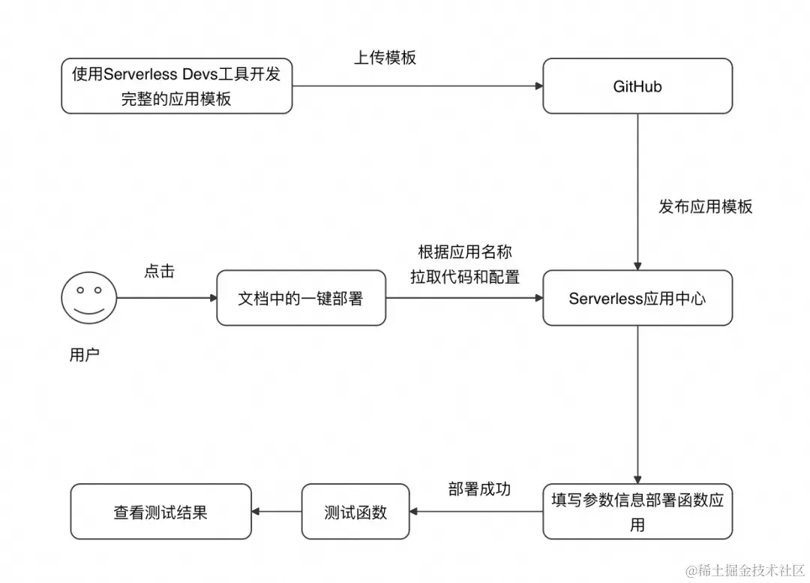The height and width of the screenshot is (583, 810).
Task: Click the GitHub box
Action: [637, 86]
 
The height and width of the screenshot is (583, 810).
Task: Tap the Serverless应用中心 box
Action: [637, 298]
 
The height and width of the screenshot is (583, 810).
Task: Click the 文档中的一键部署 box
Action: [301, 298]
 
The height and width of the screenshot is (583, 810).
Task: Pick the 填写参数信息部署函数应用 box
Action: [637, 512]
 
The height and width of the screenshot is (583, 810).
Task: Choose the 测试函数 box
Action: [355, 512]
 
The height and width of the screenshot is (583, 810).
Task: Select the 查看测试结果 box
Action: [160, 512]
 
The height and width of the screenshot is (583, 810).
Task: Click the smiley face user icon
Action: [88, 298]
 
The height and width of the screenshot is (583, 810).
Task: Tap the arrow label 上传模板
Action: [385, 58]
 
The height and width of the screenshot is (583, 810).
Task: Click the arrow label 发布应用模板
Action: [705, 206]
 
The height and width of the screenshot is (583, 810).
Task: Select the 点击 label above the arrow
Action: [159, 271]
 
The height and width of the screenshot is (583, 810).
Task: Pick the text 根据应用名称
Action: [465, 251]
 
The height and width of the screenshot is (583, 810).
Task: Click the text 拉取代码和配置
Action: [465, 276]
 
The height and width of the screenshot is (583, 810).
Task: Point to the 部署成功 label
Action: [479, 488]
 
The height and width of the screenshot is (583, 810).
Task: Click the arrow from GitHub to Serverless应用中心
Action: [637, 191]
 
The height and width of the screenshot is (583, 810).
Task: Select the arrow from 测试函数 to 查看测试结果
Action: [277, 512]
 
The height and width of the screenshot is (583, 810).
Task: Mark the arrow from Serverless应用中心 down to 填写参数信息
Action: [637, 405]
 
